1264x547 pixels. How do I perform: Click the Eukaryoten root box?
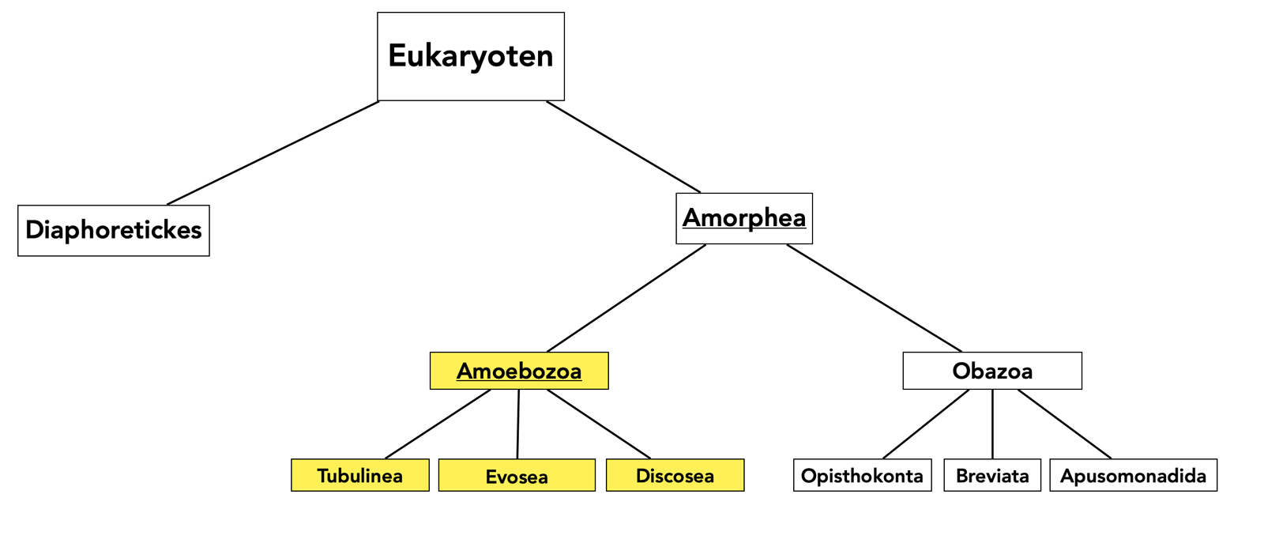pyautogui.click(x=471, y=56)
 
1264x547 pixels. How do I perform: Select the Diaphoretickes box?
pyautogui.click(x=114, y=230)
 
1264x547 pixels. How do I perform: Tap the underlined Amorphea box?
pyautogui.click(x=744, y=218)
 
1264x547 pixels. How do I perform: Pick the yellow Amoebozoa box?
pyautogui.click(x=519, y=371)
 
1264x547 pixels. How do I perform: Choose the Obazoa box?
pyautogui.click(x=992, y=371)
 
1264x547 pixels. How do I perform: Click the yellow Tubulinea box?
pyautogui.click(x=360, y=475)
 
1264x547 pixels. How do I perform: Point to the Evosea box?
pyautogui.click(x=517, y=475)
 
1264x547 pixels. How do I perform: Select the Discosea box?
pyautogui.click(x=675, y=475)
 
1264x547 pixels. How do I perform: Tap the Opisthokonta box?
pyautogui.click(x=862, y=475)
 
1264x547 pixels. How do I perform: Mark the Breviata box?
pyautogui.click(x=992, y=475)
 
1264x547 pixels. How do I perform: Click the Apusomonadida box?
pyautogui.click(x=1133, y=475)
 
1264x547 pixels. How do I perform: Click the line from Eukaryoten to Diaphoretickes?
pyautogui.click(x=273, y=153)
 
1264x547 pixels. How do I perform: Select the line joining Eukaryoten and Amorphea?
pyautogui.click(x=623, y=146)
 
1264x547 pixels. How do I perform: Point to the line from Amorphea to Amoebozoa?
pyautogui.click(x=626, y=298)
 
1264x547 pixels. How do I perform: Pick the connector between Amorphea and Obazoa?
pyautogui.click(x=875, y=298)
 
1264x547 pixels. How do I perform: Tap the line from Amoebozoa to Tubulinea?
pyautogui.click(x=438, y=424)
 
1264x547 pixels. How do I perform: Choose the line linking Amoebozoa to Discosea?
pyautogui.click(x=599, y=424)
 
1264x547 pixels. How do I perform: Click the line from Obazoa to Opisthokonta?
pyautogui.click(x=926, y=424)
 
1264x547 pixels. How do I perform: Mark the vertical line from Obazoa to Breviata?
pyautogui.click(x=992, y=424)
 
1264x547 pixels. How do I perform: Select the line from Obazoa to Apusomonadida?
pyautogui.click(x=1064, y=424)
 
